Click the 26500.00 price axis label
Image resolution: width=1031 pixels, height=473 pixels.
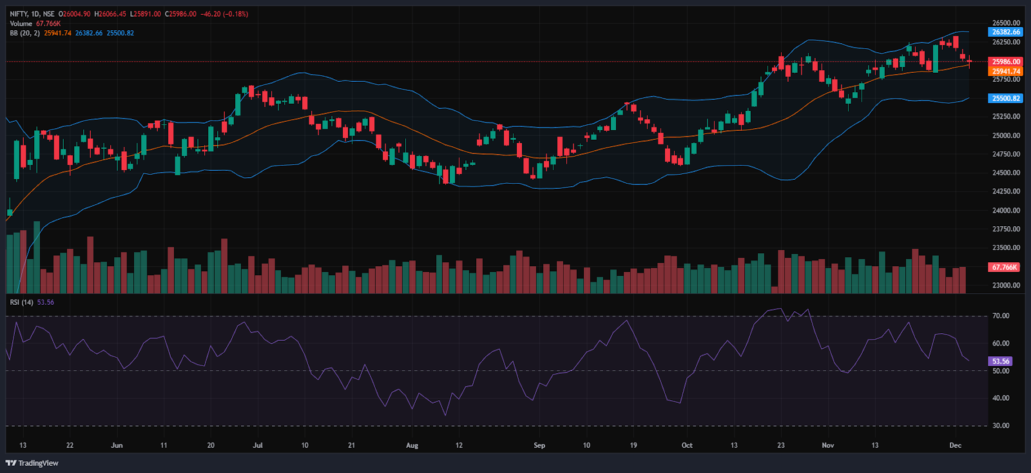point(1006,23)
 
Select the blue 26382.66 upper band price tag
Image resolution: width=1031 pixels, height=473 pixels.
point(1006,32)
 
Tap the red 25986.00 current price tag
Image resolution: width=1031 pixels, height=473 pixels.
point(1006,62)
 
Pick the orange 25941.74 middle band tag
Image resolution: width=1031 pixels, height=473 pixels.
point(1006,72)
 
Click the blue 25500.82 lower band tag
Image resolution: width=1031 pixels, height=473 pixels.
point(1006,99)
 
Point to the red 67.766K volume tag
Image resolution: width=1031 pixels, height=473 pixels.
point(1005,267)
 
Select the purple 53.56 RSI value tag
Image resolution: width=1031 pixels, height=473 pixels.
point(1001,362)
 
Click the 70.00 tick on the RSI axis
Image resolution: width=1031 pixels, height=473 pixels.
point(1001,316)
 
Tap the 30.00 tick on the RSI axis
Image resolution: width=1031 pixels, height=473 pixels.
point(1001,425)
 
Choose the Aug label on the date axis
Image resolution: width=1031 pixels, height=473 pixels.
point(412,445)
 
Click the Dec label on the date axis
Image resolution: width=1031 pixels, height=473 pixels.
point(955,445)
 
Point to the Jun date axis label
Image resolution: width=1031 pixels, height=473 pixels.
point(117,445)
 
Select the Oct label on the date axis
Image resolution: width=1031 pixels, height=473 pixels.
point(687,445)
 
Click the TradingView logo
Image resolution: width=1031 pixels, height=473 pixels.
point(32,463)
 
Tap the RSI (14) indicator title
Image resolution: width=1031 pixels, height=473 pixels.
point(22,302)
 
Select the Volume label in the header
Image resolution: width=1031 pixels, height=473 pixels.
point(21,23)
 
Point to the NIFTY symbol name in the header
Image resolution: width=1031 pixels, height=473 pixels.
point(19,14)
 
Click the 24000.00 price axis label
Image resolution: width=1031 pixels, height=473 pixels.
point(1006,210)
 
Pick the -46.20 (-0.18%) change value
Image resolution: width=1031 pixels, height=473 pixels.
point(222,14)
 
